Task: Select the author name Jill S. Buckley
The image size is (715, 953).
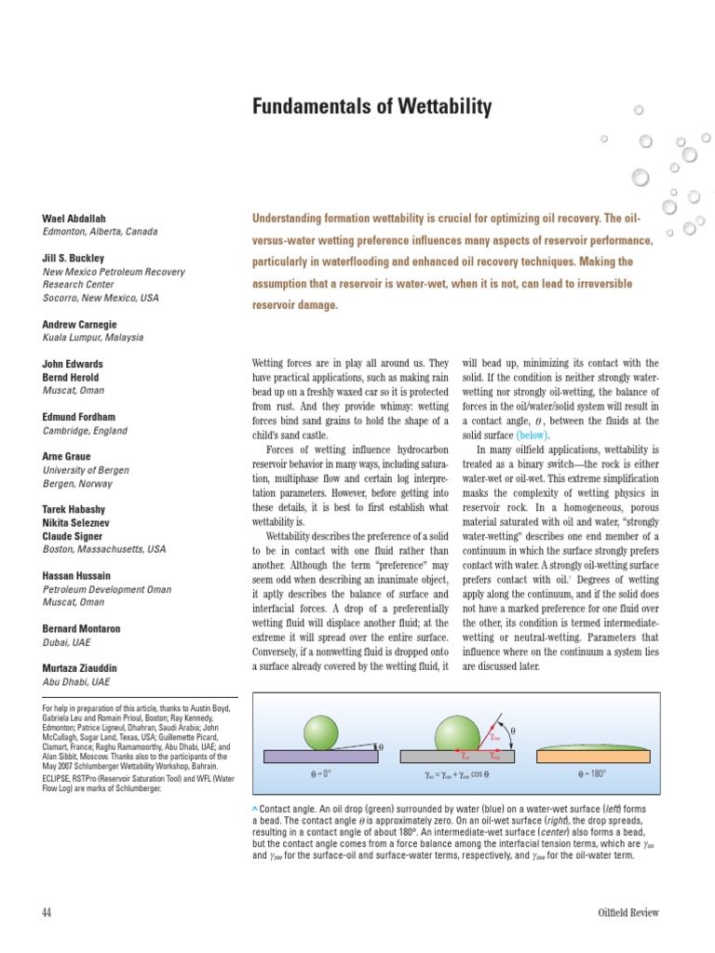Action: (x=74, y=258)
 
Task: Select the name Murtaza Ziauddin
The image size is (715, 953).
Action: (x=85, y=668)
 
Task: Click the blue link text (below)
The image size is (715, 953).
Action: (x=533, y=435)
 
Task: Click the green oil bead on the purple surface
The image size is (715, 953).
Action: (x=323, y=731)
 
